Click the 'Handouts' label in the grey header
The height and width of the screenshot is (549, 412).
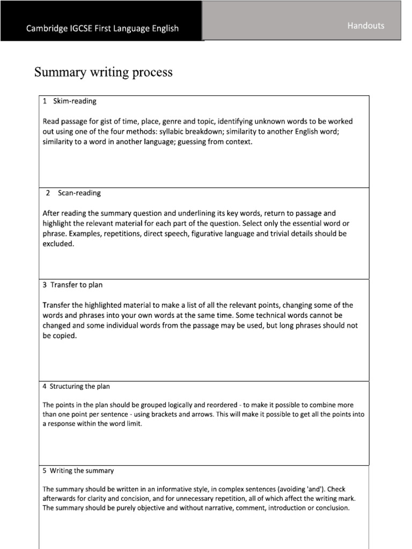(366, 26)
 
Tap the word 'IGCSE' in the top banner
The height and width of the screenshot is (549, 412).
(86, 28)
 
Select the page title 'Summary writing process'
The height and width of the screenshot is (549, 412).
(104, 72)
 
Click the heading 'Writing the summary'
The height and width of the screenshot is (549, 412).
(82, 471)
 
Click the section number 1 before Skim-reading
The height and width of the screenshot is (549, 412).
(45, 101)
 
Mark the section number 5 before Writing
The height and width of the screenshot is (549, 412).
(45, 471)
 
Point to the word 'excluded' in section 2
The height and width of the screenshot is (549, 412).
(57, 244)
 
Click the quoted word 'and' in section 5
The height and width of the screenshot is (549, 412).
(316, 488)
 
